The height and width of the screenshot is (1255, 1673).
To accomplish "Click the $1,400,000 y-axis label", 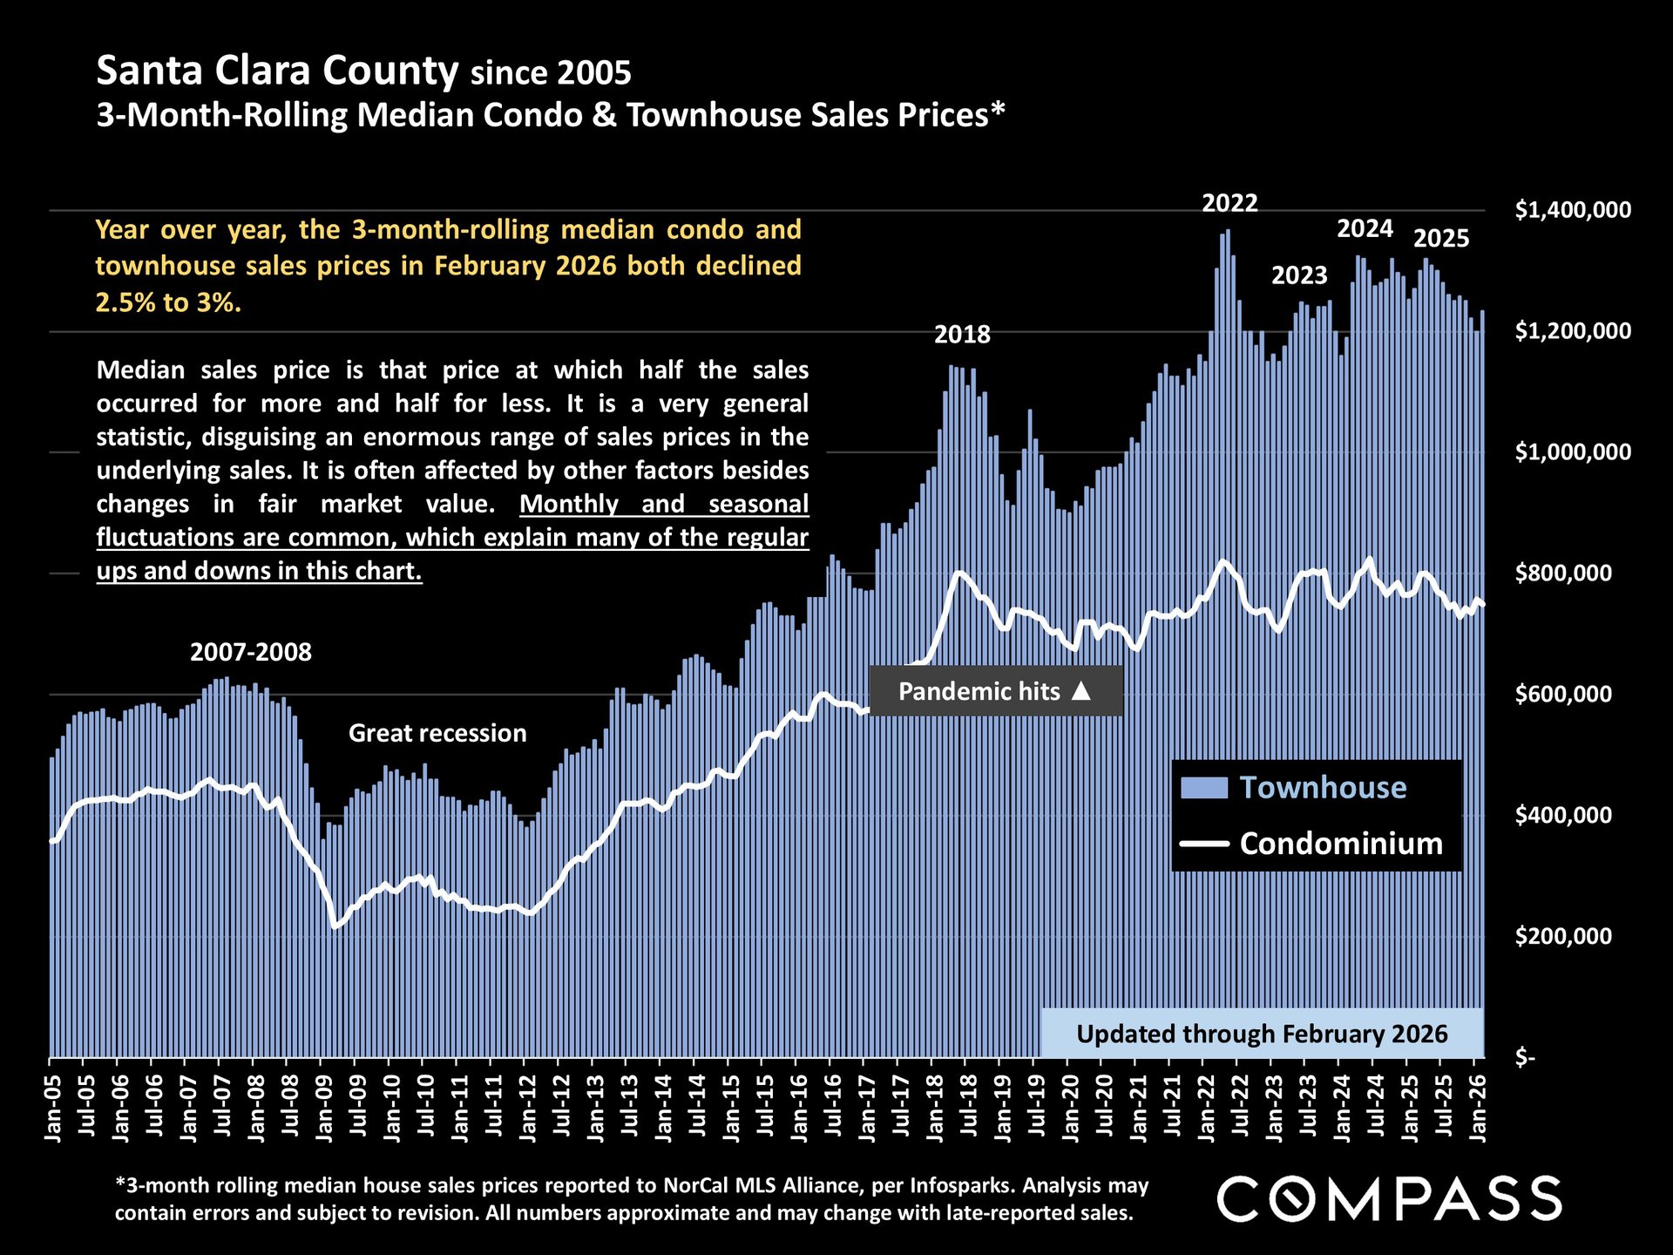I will [x=1573, y=210].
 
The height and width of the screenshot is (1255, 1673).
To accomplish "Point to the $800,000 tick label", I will [x=1563, y=573].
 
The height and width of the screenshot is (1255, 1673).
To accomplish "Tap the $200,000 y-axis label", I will [x=1563, y=937].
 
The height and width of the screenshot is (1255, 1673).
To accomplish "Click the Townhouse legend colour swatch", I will [x=1203, y=788].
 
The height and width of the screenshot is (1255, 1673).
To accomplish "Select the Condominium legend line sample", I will [x=1203, y=844].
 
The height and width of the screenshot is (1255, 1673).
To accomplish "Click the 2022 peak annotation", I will [x=1229, y=204].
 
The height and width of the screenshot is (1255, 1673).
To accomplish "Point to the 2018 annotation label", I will [x=962, y=335].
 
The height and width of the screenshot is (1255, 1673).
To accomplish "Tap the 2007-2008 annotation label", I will [x=251, y=653].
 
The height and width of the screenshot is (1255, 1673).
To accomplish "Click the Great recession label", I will [x=437, y=734].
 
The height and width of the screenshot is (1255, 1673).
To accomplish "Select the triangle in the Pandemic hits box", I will [x=1080, y=691].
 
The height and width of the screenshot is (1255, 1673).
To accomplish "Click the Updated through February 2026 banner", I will [x=1262, y=1034].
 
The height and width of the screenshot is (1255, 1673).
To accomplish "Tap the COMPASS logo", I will [x=1389, y=1198].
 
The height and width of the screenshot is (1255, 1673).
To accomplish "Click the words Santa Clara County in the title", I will [x=277, y=71].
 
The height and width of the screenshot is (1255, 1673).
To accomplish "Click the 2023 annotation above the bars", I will [x=1299, y=276].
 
